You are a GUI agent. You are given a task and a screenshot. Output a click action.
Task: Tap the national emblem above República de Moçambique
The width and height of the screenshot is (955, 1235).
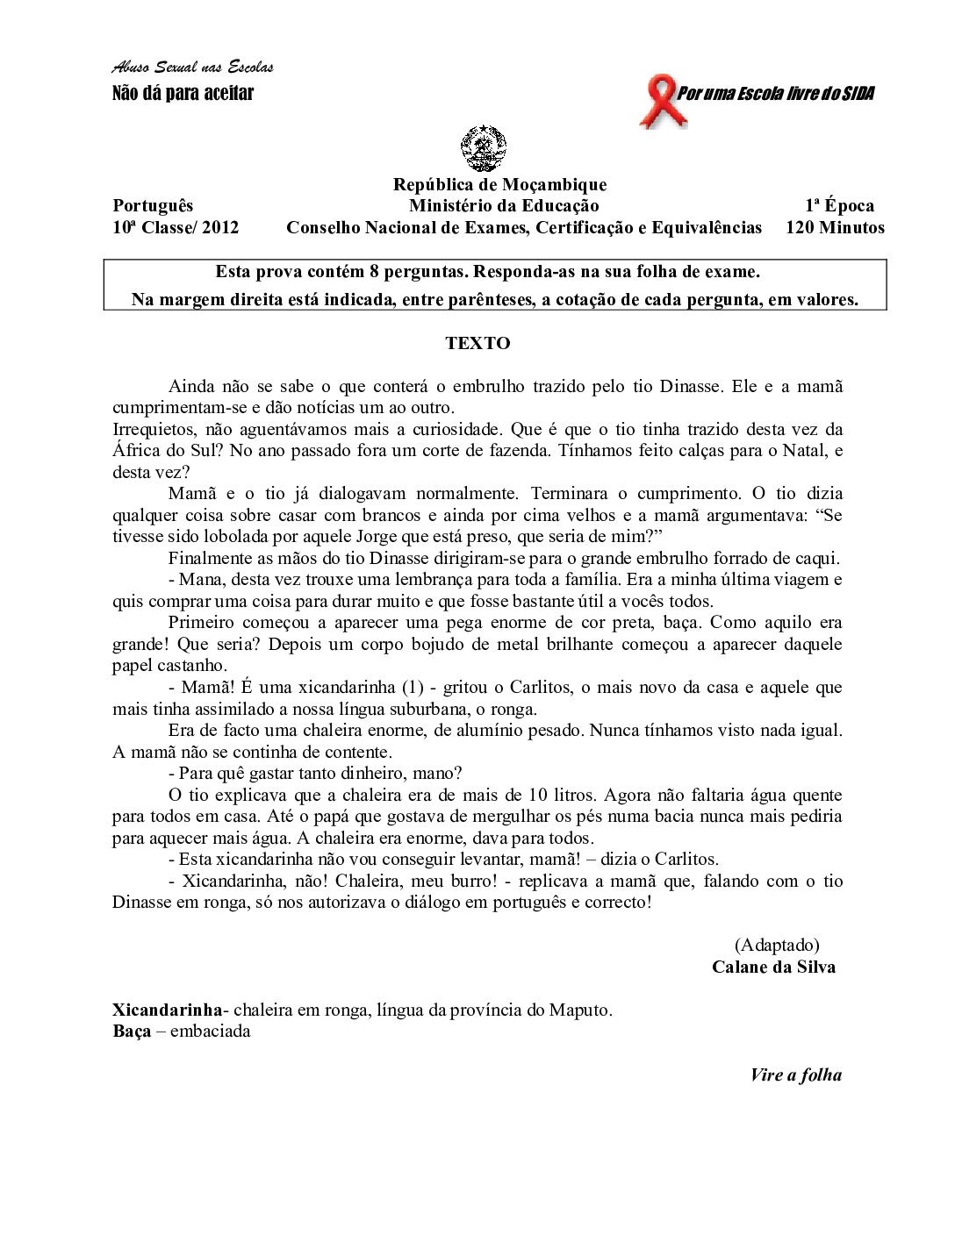point(484,148)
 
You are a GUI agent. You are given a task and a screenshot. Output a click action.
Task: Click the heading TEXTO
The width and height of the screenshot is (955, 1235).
point(477,343)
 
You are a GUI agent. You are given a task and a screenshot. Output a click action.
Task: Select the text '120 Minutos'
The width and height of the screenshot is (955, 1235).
point(835,228)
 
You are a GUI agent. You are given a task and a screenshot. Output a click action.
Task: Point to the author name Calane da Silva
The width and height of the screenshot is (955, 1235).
point(773,967)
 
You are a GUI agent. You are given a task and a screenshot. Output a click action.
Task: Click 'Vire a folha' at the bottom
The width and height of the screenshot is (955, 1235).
point(795,1074)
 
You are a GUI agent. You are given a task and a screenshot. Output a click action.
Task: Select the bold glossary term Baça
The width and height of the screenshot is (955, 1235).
point(132,1031)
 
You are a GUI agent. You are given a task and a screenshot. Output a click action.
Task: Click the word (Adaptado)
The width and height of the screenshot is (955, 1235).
point(777,945)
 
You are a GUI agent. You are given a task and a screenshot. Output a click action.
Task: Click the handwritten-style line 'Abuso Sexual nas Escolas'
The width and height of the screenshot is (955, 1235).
point(192,68)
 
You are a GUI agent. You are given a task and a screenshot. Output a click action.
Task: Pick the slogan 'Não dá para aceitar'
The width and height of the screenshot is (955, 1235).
point(183,93)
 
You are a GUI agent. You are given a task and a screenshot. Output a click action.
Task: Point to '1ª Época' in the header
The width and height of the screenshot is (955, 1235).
point(840,206)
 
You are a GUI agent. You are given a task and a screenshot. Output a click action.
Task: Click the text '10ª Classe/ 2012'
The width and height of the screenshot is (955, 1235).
point(176,228)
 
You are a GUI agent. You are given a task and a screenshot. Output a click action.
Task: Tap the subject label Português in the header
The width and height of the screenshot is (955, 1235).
point(153,206)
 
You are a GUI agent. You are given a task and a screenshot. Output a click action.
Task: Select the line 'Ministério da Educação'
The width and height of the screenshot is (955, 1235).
point(504,206)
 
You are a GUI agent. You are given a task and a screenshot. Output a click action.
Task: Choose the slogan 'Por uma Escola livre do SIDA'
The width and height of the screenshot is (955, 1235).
point(775,94)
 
